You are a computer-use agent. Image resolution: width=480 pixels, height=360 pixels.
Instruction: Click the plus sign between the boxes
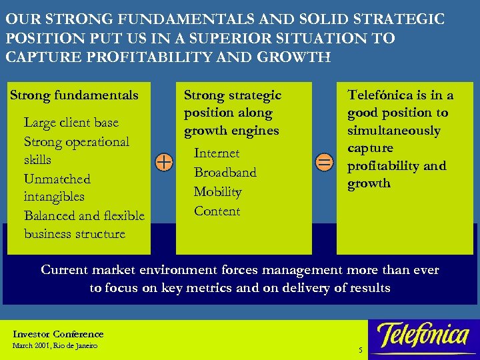(x=163, y=162)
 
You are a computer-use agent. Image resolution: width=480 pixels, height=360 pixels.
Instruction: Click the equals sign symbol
(x=323, y=162)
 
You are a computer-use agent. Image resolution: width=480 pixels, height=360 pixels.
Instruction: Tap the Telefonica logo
(x=423, y=335)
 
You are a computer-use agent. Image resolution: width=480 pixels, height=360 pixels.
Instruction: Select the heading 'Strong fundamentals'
(x=74, y=95)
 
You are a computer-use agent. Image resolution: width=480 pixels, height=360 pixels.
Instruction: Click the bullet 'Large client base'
(x=71, y=123)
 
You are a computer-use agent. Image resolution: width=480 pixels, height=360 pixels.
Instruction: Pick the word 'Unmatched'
(x=57, y=179)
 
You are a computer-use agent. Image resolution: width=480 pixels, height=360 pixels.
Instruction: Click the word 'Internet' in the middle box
(x=217, y=153)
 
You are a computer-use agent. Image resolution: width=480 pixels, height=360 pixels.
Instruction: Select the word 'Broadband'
(x=225, y=173)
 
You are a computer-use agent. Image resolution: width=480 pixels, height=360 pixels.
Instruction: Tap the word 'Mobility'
(x=217, y=192)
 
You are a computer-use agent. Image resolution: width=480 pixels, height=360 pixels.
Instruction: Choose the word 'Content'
(x=217, y=211)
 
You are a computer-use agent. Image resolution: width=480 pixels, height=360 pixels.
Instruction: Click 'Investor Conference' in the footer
(x=58, y=334)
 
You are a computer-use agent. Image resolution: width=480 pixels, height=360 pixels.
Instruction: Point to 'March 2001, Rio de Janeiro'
(x=55, y=346)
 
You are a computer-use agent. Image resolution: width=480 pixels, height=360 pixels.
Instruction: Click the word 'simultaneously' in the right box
(x=393, y=131)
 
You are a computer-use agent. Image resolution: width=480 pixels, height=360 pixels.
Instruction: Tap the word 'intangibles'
(x=54, y=197)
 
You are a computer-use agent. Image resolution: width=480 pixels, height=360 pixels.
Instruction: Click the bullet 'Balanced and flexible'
(x=84, y=215)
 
